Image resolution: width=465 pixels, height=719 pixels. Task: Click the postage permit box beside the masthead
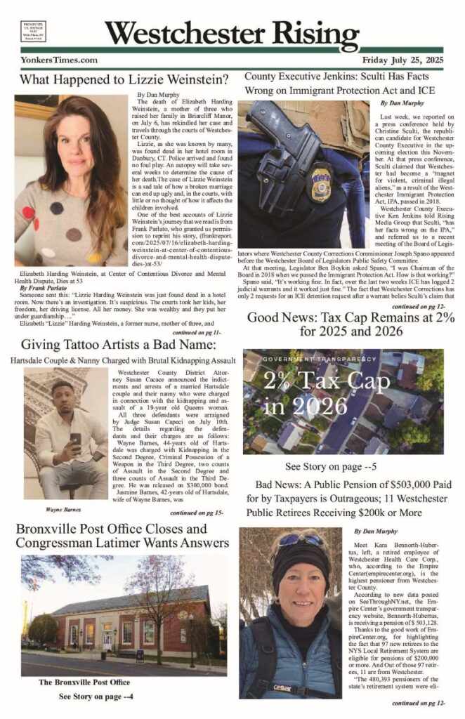[33, 35]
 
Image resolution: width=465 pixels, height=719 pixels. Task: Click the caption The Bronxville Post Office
[84, 682]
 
